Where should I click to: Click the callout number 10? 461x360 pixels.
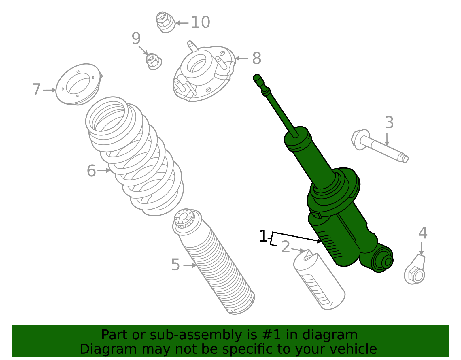click(x=201, y=22)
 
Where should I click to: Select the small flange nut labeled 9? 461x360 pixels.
click(x=154, y=61)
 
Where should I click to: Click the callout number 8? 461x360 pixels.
click(x=256, y=59)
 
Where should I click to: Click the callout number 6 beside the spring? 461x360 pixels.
click(x=91, y=171)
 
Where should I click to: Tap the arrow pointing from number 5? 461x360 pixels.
click(x=190, y=265)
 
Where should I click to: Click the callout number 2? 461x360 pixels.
click(x=286, y=247)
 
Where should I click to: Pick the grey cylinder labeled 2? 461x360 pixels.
click(x=319, y=281)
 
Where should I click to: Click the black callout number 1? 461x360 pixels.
click(x=263, y=237)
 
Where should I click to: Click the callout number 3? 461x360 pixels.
click(x=389, y=123)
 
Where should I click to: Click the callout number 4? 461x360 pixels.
click(x=423, y=233)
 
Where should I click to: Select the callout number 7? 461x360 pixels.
click(x=36, y=90)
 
